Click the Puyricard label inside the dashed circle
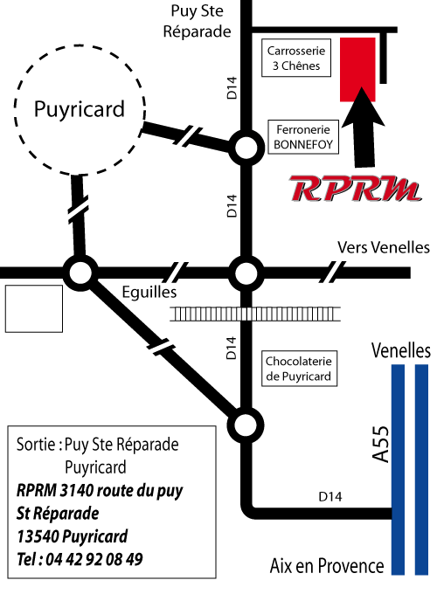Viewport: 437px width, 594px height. tap(80, 109)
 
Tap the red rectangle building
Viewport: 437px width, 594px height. tap(357, 69)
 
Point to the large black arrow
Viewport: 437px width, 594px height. tap(363, 128)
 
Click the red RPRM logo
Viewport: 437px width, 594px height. tap(355, 189)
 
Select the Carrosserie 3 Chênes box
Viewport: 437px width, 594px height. tap(296, 58)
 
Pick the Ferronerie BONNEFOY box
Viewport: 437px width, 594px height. tap(303, 137)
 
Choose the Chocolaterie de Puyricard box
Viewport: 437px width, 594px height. tap(299, 369)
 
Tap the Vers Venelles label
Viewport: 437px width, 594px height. tap(384, 247)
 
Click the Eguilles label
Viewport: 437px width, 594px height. tap(149, 293)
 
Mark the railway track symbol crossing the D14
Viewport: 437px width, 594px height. tap(254, 314)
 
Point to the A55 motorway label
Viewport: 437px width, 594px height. tap(380, 445)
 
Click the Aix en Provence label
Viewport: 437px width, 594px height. tap(327, 566)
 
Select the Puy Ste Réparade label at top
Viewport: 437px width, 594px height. tap(197, 21)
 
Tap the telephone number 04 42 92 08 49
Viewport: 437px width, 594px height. tap(94, 560)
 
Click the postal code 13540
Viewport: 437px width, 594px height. tap(38, 536)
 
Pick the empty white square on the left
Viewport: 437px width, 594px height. tap(34, 308)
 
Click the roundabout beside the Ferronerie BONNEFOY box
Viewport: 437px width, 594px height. tap(246, 148)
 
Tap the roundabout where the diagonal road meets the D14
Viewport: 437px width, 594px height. tap(246, 425)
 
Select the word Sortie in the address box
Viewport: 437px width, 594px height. tap(36, 444)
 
